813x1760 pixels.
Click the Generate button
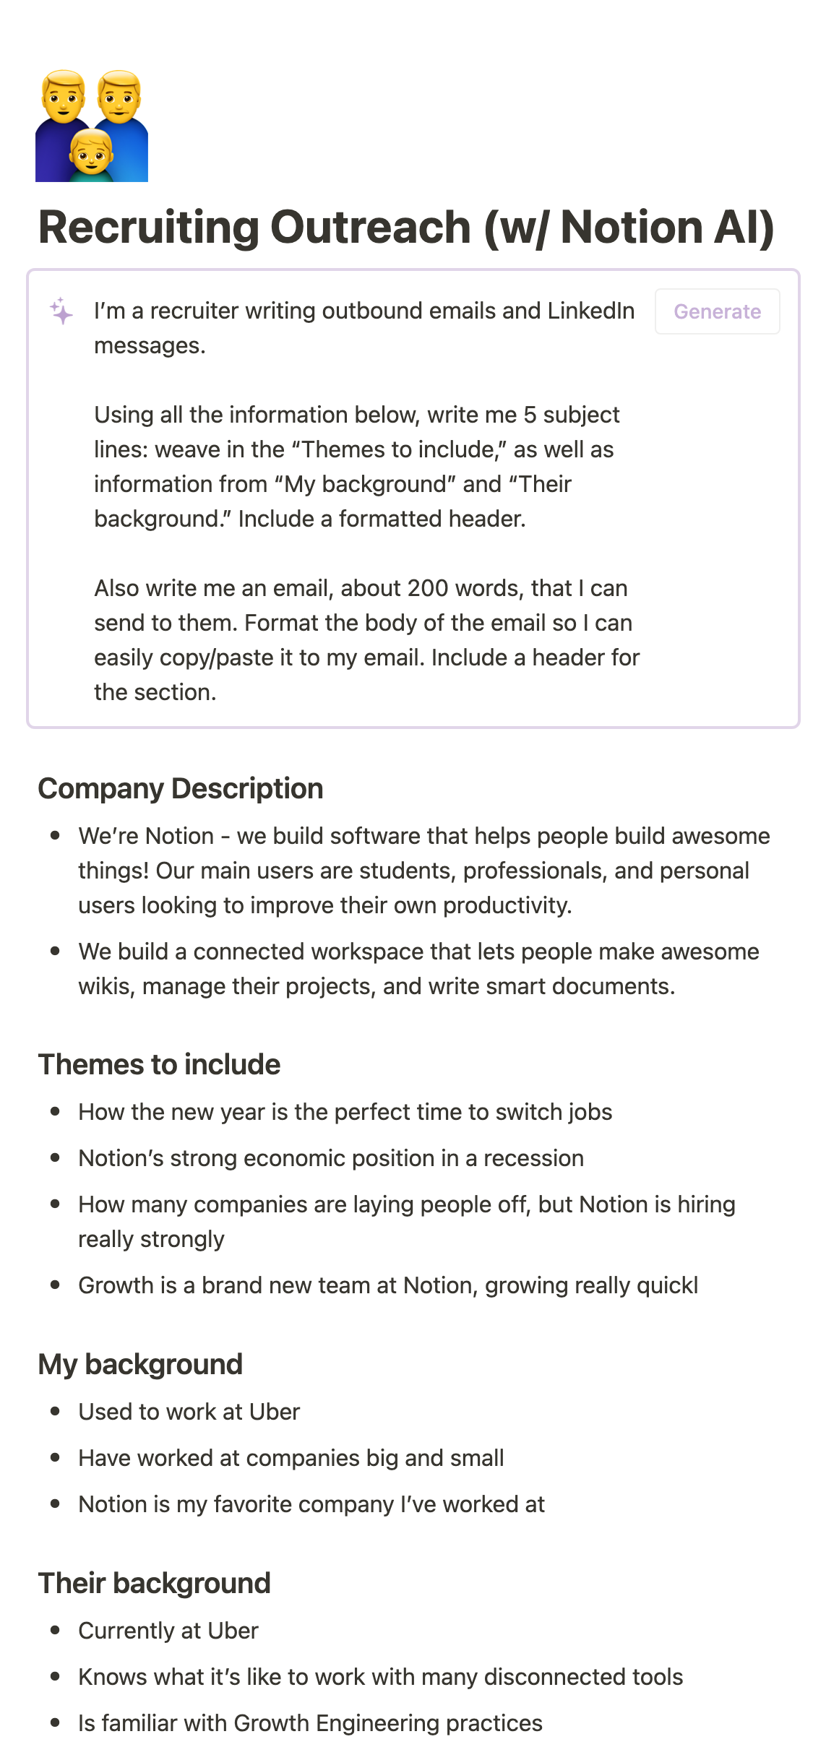[x=716, y=311]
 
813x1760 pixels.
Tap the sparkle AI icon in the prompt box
[x=61, y=311]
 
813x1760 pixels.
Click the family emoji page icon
[x=92, y=126]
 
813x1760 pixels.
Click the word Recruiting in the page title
[x=147, y=227]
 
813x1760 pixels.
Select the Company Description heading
[x=180, y=788]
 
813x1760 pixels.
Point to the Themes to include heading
[x=159, y=1064]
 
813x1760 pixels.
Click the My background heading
[x=140, y=1364]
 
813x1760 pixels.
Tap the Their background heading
[x=154, y=1583]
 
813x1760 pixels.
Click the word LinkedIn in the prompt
[x=590, y=311]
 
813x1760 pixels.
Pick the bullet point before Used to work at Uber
[x=55, y=1411]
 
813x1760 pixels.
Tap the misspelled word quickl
[x=668, y=1285]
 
